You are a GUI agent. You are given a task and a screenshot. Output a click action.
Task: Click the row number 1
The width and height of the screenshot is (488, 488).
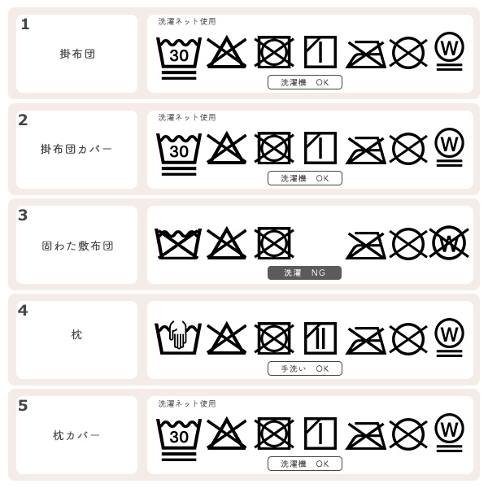[x=25, y=24]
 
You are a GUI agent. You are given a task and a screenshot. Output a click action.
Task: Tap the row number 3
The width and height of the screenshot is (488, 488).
[x=23, y=216]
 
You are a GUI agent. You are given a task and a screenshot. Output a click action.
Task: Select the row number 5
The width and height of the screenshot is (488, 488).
[x=23, y=406]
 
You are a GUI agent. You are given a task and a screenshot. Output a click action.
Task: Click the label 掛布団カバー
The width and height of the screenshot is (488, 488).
[x=76, y=150]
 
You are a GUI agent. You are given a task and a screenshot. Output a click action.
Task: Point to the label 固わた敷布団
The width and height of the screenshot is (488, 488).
[x=77, y=245]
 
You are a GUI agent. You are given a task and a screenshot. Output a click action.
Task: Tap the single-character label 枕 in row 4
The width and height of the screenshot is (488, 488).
[x=76, y=335]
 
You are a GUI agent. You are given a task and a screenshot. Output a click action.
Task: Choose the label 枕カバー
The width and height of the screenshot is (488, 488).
[x=76, y=436]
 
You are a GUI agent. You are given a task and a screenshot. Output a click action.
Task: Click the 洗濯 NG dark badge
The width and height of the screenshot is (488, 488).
[x=304, y=273]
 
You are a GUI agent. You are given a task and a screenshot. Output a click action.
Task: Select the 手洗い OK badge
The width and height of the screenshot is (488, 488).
[x=304, y=368]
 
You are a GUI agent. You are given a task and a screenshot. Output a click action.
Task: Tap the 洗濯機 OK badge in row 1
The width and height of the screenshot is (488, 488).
[x=304, y=82]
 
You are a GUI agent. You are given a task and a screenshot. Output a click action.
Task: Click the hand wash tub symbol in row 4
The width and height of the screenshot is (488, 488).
[x=178, y=337]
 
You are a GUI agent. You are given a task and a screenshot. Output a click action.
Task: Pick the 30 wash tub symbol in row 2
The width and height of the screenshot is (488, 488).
[x=178, y=150]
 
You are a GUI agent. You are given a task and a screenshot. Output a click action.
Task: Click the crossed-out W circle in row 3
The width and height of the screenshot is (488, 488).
[x=449, y=242]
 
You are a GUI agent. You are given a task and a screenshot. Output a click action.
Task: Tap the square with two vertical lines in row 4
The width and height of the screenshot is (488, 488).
[x=320, y=338]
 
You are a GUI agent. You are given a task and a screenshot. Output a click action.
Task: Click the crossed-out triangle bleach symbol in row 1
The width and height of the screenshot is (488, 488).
[x=226, y=53]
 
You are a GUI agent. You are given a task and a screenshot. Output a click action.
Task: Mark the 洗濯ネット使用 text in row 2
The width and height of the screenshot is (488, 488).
[x=187, y=118]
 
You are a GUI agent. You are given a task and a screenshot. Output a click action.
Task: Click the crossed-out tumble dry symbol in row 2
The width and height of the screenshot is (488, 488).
[x=274, y=148]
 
